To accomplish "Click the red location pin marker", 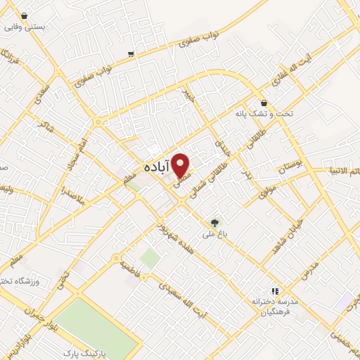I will point(181,165).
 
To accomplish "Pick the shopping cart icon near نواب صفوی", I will point(131,53).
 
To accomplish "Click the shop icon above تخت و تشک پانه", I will point(264,103).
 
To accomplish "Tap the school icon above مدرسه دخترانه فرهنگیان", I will point(276,290).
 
